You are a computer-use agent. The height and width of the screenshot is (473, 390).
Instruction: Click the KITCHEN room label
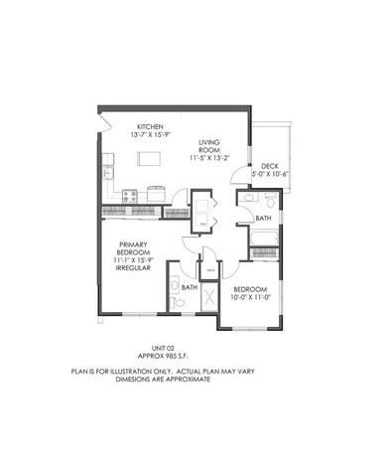click(x=151, y=126)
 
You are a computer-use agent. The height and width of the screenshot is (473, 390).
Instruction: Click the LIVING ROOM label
click(x=207, y=148)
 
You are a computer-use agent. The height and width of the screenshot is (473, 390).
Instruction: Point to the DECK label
click(x=269, y=166)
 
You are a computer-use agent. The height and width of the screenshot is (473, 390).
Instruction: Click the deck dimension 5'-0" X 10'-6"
click(x=269, y=175)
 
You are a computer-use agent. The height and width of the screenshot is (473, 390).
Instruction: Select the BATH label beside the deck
click(x=263, y=217)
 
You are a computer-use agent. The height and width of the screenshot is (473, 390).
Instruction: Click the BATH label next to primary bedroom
click(x=188, y=287)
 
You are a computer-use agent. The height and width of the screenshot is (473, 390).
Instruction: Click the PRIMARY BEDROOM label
click(x=133, y=249)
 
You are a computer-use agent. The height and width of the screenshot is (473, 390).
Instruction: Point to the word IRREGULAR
click(x=133, y=267)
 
